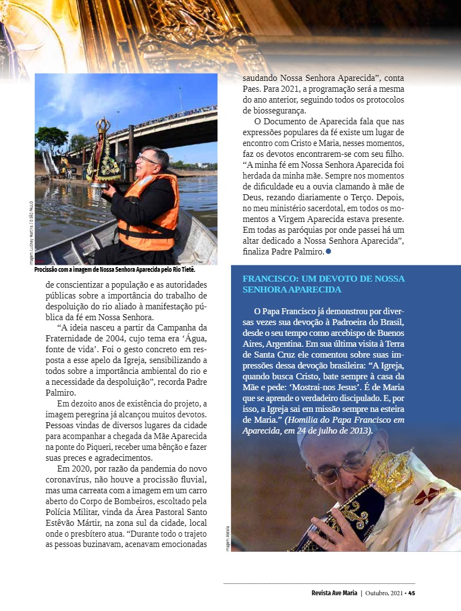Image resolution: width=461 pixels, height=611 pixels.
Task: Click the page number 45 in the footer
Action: pos(412,593)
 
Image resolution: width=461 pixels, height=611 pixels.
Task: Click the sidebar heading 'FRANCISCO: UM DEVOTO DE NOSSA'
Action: pos(324,278)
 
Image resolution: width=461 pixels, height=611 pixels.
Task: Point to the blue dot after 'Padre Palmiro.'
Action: pos(329,252)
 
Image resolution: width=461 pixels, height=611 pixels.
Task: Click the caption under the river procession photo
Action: pos(114,270)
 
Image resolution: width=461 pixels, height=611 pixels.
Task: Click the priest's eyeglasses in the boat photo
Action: pos(148,160)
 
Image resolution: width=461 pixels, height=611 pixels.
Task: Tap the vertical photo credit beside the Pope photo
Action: pos(228,537)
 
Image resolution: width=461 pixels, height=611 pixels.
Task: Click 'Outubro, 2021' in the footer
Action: pos(386,593)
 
